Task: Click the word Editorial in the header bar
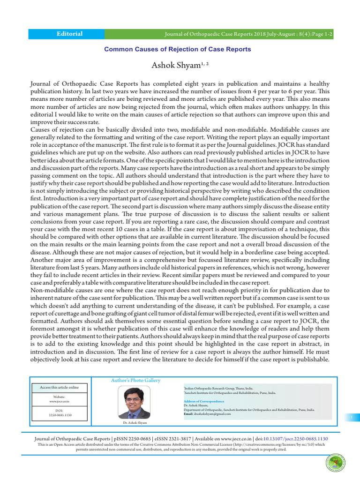[x=69, y=34]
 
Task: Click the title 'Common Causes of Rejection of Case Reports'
[x=177, y=49]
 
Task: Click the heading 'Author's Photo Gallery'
[x=135, y=380]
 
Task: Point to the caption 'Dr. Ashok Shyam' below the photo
[x=135, y=422]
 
